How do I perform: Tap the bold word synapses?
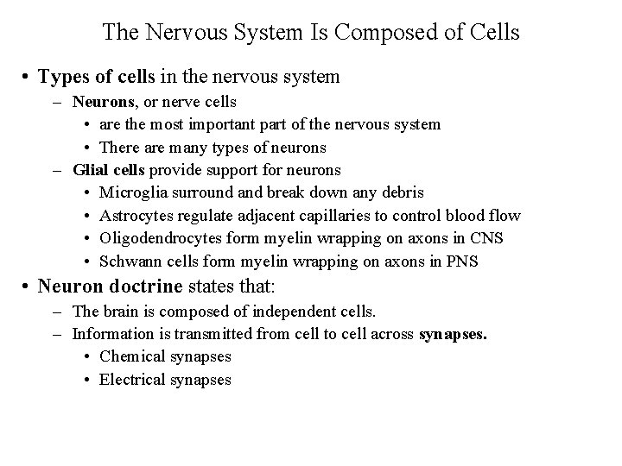pyautogui.click(x=453, y=333)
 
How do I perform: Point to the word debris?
pyautogui.click(x=400, y=192)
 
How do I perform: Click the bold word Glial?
pyautogui.click(x=90, y=169)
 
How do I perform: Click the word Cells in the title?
pyautogui.click(x=495, y=33)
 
